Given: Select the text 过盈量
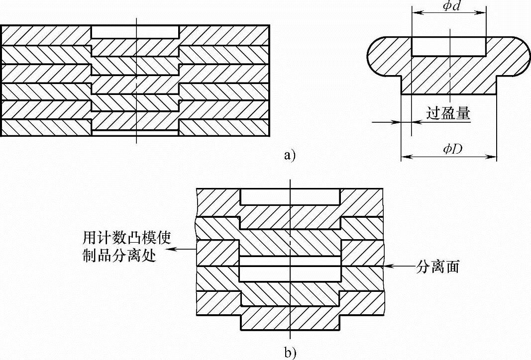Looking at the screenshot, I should [x=448, y=113].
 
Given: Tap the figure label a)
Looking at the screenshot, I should [x=289, y=156].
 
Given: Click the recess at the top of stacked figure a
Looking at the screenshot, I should [x=135, y=31].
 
